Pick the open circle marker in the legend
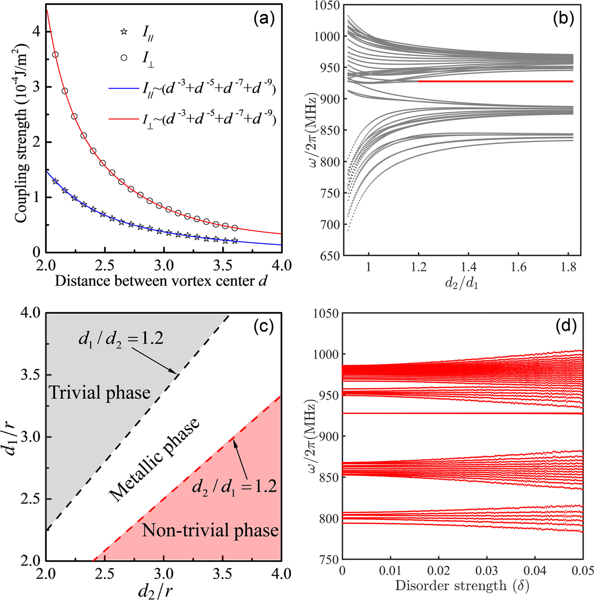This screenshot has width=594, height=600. tap(124, 57)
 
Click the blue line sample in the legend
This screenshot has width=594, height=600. tap(123, 88)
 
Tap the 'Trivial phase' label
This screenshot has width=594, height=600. tap(100, 393)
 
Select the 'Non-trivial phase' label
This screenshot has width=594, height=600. tap(210, 530)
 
